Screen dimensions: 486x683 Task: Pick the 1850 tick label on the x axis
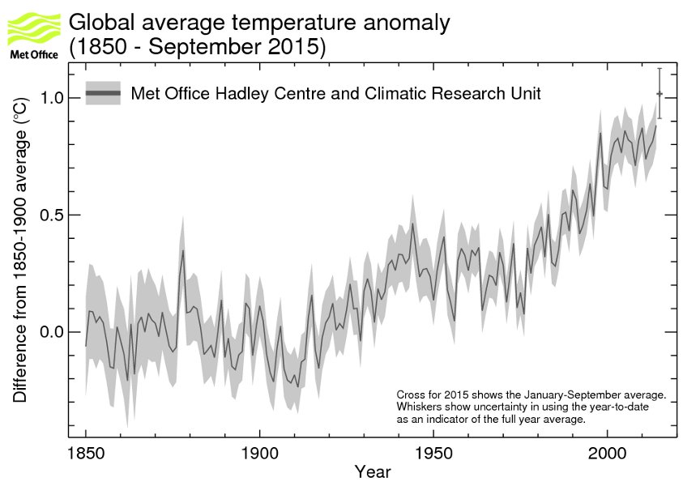pyautogui.click(x=85, y=453)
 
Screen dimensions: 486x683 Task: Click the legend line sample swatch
pyautogui.click(x=104, y=94)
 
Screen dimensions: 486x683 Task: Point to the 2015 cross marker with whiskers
pyautogui.click(x=660, y=94)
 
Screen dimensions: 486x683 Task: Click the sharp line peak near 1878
pyautogui.click(x=183, y=251)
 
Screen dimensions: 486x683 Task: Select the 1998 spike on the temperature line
pyautogui.click(x=600, y=134)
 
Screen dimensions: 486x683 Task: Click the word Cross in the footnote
pyautogui.click(x=411, y=394)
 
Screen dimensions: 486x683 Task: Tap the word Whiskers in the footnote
pyautogui.click(x=419, y=407)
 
